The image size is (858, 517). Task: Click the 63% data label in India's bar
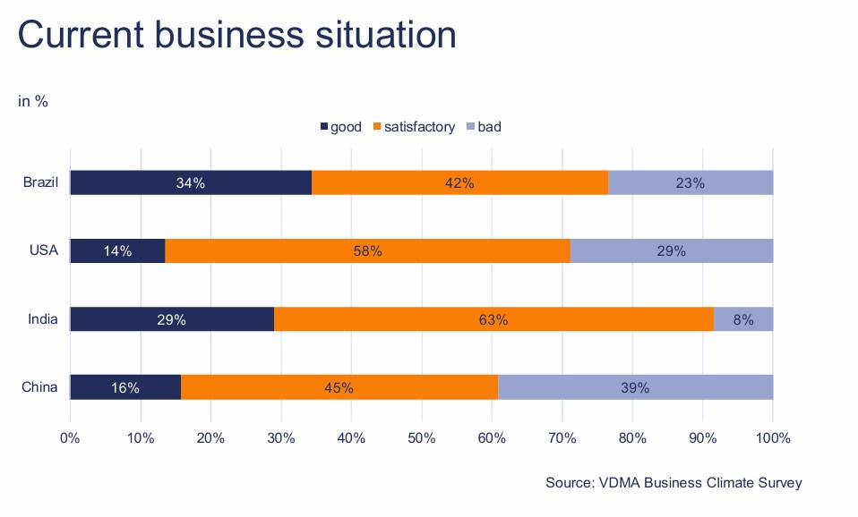[493, 319]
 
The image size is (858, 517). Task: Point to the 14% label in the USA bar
[117, 251]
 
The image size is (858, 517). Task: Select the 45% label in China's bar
[339, 387]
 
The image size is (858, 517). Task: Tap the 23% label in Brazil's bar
[690, 182]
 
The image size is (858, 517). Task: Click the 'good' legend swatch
[324, 127]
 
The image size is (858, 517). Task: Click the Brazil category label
[40, 182]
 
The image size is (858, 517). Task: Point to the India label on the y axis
[43, 319]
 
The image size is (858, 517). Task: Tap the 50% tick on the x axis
[421, 438]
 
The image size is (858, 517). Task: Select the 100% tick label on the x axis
[773, 438]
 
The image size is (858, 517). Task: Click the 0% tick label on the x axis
[70, 438]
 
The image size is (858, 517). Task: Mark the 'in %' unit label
[33, 101]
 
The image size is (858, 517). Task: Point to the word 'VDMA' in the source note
[616, 483]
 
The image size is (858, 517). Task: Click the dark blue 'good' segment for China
[125, 387]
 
